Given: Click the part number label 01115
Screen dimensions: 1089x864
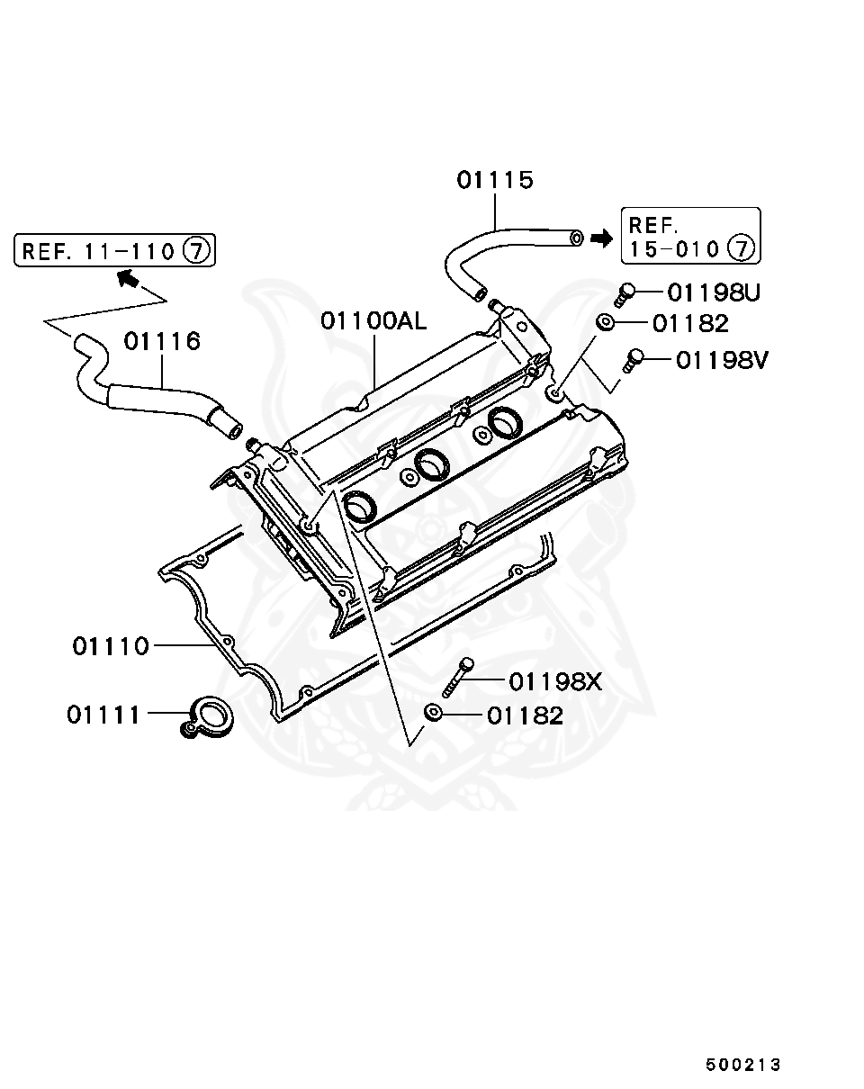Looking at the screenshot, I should coord(494,180).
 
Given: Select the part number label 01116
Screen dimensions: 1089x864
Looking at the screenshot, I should coord(162,342).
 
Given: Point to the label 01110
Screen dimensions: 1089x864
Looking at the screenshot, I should coord(111,646).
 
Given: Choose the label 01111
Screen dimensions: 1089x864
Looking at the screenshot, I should coord(103,715).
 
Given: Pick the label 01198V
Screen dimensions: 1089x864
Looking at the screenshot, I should coord(722,360).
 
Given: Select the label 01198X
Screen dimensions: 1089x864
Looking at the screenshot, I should coord(555,682).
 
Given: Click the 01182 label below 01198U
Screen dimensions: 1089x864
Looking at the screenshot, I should coord(690,323).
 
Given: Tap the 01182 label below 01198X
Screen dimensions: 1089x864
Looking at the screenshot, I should coord(525,715).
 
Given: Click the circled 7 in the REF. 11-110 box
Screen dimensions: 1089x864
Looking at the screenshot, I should coord(197,250).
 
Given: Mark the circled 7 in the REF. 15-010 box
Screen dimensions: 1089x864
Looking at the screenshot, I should coord(740,247).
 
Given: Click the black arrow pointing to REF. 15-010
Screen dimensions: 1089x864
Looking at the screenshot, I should coord(600,238).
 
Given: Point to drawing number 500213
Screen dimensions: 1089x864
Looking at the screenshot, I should coord(743,1065).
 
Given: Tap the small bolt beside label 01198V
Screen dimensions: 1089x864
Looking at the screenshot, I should coord(634,360).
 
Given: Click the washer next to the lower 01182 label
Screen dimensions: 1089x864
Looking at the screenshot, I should coord(433,713).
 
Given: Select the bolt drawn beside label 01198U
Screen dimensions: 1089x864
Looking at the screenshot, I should coord(625,292).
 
